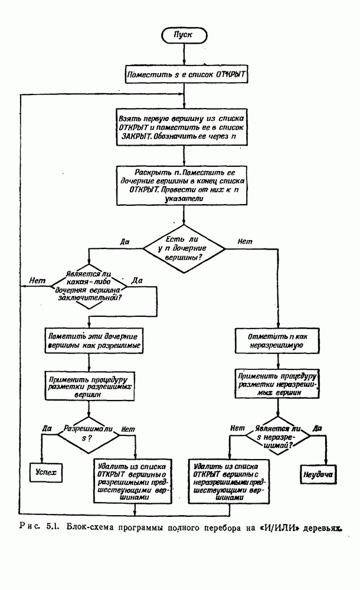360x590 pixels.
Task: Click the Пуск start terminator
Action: pyautogui.click(x=185, y=35)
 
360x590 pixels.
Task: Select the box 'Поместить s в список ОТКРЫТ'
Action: pyautogui.click(x=185, y=76)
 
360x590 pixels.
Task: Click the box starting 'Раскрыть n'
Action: pyautogui.click(x=185, y=185)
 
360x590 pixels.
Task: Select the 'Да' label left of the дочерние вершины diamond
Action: pyautogui.click(x=124, y=241)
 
